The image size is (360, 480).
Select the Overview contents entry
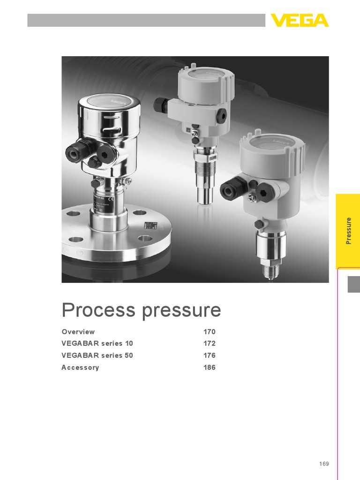(78, 331)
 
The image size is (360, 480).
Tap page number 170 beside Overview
(209, 331)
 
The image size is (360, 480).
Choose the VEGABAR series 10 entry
(97, 344)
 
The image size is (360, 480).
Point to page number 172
(209, 344)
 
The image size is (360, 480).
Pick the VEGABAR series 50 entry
(97, 355)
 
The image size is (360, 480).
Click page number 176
(209, 355)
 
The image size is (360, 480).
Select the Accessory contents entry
(80, 367)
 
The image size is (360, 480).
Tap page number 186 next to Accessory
(209, 367)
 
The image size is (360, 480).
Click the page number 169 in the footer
(324, 464)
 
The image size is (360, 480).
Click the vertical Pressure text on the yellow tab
(348, 231)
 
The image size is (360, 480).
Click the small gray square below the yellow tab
(353, 285)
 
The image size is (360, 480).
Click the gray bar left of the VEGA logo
(146, 20)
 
